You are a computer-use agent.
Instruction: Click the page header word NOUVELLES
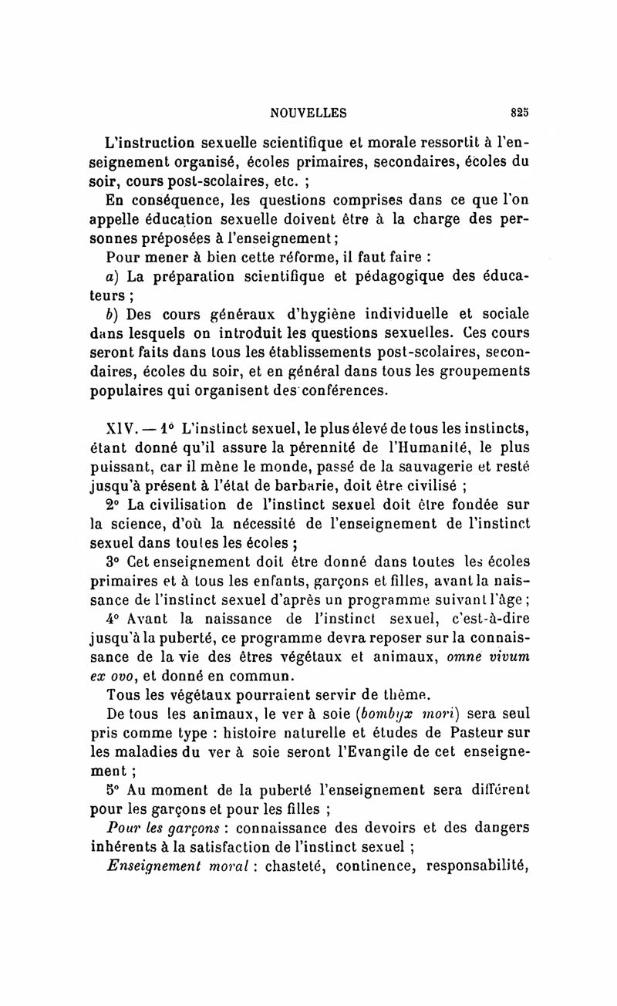tap(308, 113)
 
